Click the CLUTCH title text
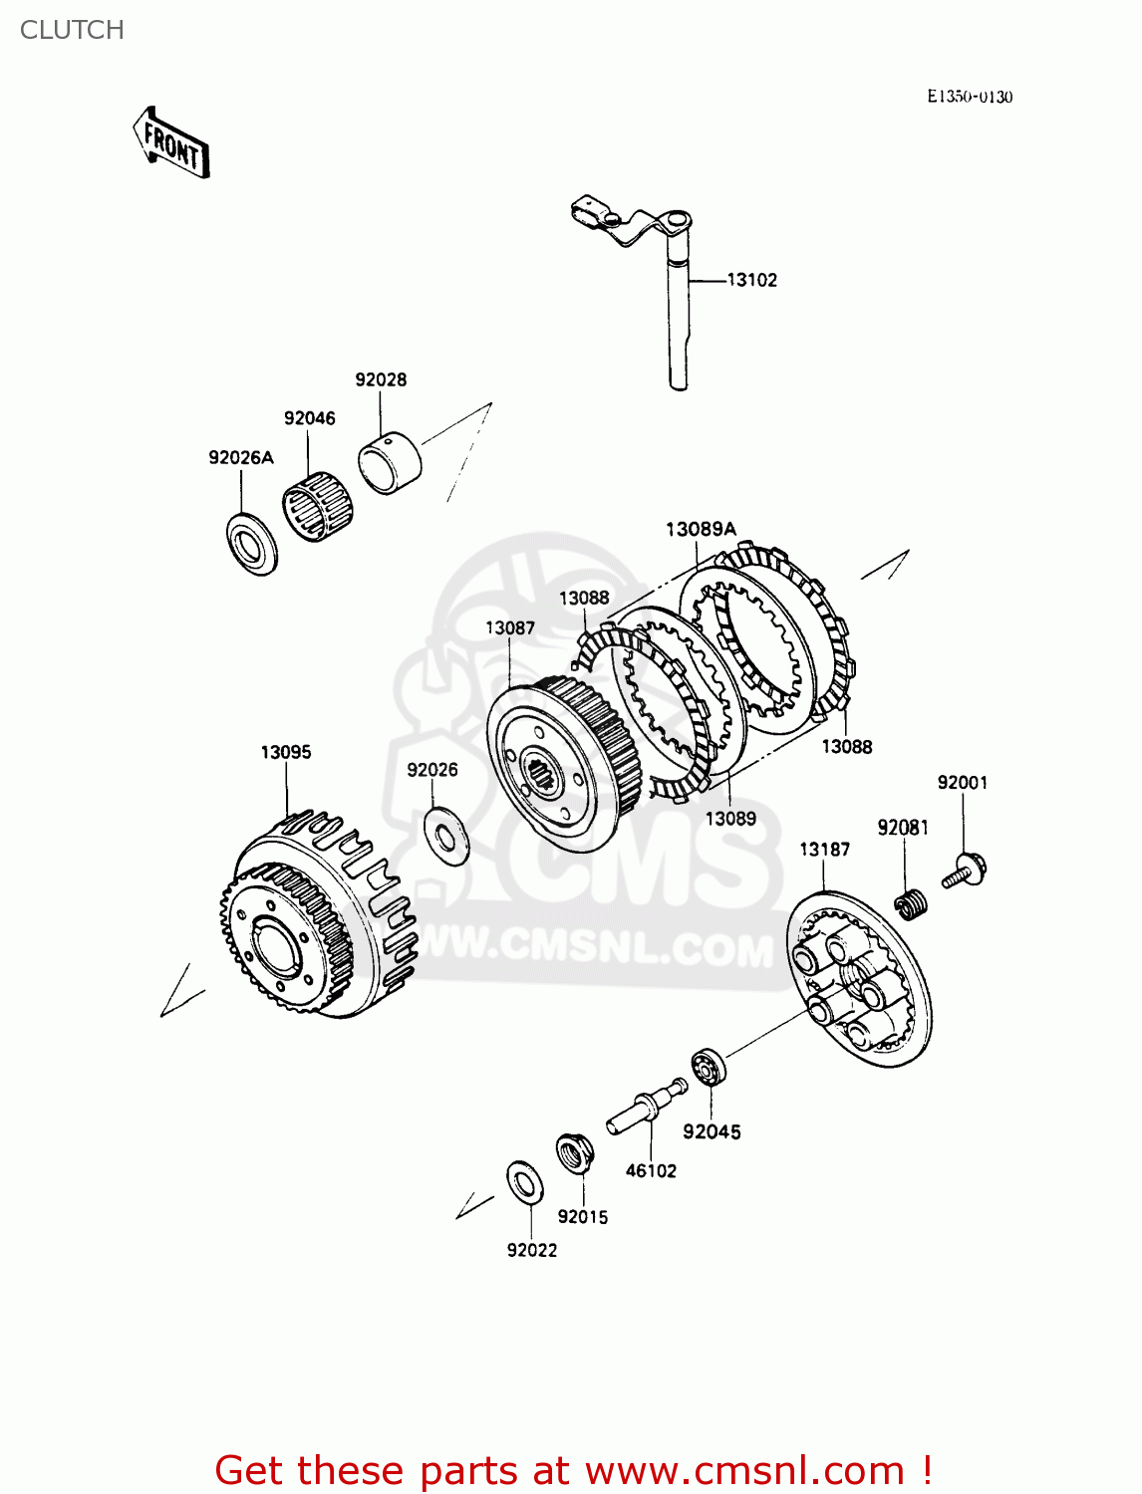72,30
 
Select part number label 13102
751,280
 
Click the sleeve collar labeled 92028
390,460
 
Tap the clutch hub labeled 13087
558,762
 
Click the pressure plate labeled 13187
858,980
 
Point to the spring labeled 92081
911,904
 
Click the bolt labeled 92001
964,871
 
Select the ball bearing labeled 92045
709,1067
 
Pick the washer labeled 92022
523,1182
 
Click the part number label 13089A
701,529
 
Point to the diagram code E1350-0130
969,97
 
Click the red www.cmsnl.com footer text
573,1470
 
